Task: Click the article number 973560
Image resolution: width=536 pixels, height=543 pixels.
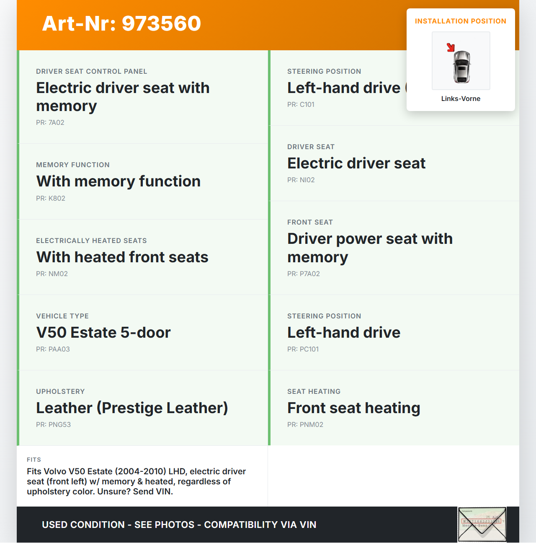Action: click(161, 23)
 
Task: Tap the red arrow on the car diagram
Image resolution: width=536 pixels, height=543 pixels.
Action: click(451, 47)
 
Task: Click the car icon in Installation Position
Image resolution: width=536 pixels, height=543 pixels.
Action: click(462, 66)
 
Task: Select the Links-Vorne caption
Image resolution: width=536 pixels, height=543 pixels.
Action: click(461, 99)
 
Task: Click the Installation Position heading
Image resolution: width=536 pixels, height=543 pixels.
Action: click(461, 21)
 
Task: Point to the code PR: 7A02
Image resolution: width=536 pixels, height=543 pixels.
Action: click(50, 123)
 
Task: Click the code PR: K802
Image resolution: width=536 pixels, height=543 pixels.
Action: click(51, 199)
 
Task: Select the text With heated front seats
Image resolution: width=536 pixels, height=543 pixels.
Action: click(122, 257)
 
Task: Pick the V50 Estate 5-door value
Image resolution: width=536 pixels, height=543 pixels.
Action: click(103, 333)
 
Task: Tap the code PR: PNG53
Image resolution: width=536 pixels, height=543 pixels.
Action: click(54, 425)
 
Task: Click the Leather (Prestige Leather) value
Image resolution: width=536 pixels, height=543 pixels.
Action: click(132, 408)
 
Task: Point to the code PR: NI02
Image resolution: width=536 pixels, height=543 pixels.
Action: click(301, 180)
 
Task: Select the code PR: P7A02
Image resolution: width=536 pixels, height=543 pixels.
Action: click(304, 274)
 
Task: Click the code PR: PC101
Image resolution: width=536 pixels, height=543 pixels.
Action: click(303, 349)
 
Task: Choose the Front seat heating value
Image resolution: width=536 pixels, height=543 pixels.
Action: click(354, 408)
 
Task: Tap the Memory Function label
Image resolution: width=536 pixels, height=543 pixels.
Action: click(73, 165)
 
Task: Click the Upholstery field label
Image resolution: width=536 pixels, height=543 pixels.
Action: click(60, 392)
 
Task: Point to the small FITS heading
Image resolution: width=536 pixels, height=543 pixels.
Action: click(34, 460)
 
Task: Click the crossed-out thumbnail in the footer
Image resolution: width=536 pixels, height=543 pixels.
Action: click(482, 524)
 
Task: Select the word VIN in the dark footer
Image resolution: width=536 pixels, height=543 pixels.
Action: click(308, 525)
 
